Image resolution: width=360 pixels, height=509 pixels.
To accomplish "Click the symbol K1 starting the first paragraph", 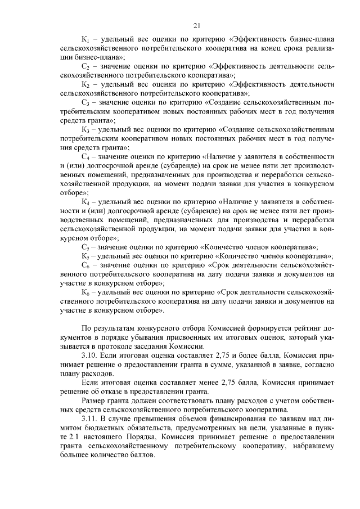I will click(x=86, y=40).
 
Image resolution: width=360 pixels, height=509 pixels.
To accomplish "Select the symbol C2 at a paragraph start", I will click(x=86, y=66).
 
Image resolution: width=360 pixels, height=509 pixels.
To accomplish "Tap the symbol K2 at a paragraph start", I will click(x=86, y=84).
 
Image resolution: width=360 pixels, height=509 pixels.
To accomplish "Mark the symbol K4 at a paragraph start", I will click(x=86, y=201).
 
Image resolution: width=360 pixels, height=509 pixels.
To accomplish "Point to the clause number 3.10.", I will click(x=91, y=355).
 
